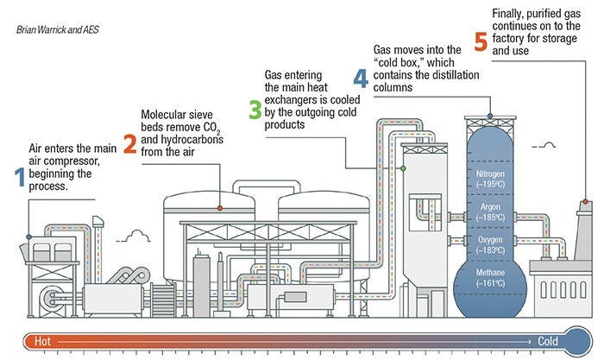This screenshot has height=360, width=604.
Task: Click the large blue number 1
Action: pyautogui.click(x=20, y=176)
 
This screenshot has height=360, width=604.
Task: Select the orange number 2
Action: pyautogui.click(x=129, y=143)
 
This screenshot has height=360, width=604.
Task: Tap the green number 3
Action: pyautogui.click(x=255, y=110)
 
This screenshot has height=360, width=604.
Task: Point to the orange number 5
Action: pyautogui.click(x=481, y=40)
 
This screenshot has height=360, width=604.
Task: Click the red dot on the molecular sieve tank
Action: pyautogui.click(x=220, y=208)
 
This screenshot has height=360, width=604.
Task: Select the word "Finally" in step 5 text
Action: pyautogui.click(x=510, y=13)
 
